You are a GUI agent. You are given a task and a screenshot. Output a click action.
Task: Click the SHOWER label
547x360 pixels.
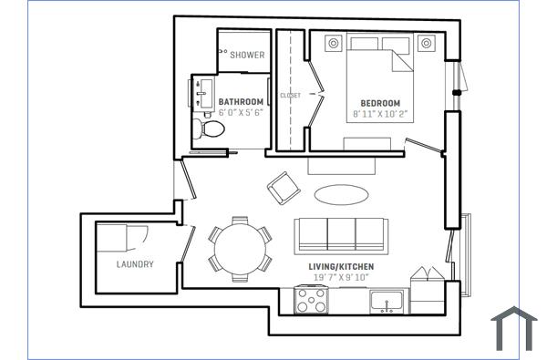tap(247, 56)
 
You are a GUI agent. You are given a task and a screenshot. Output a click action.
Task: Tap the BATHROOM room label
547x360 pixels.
tap(241, 101)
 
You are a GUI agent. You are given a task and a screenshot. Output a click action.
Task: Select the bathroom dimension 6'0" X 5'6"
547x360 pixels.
tap(241, 112)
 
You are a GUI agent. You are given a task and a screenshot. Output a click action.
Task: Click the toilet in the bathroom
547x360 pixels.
tap(209, 129)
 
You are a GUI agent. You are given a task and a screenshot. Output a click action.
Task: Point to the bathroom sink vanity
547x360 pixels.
tap(201, 93)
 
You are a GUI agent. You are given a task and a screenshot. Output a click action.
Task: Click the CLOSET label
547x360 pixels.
tap(290, 95)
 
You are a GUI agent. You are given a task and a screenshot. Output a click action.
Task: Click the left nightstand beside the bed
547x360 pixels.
tap(334, 43)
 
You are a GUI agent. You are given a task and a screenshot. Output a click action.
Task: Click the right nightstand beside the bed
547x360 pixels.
tap(425, 43)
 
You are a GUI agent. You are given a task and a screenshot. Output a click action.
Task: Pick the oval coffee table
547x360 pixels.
tap(342, 194)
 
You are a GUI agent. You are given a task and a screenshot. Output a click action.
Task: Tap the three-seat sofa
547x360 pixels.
tap(340, 234)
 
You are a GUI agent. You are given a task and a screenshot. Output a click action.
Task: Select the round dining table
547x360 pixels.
tap(240, 245)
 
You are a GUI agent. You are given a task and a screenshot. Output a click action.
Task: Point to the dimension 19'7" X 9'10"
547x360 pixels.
tap(341, 278)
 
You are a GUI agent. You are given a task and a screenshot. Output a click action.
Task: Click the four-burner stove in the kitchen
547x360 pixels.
tap(312, 299)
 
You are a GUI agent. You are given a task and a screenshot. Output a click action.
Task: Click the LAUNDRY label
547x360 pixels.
tap(135, 265)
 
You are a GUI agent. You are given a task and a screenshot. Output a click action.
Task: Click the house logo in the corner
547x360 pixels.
tap(514, 330)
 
